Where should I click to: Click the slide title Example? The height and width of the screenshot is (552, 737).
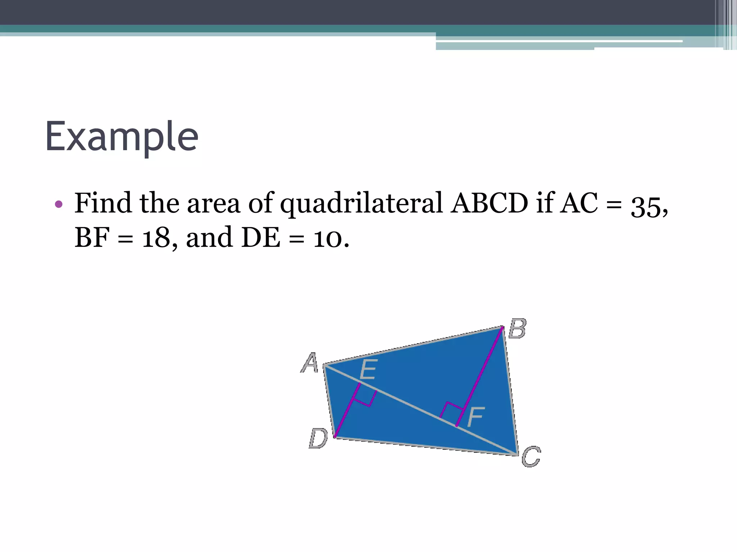(x=122, y=137)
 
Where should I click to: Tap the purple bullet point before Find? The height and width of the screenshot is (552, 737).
(x=59, y=204)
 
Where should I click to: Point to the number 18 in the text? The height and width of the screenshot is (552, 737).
(x=156, y=238)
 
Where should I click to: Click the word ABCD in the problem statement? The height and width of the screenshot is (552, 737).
(x=489, y=203)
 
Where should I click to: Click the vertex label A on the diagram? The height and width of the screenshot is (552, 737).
(x=309, y=363)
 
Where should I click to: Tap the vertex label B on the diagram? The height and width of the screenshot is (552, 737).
(x=517, y=328)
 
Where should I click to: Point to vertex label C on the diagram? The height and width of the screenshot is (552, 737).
(x=531, y=456)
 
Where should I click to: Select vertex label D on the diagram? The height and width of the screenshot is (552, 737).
(x=318, y=438)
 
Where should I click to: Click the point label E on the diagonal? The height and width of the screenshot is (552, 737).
(x=368, y=369)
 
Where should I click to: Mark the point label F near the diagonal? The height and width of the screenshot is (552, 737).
(x=476, y=417)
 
